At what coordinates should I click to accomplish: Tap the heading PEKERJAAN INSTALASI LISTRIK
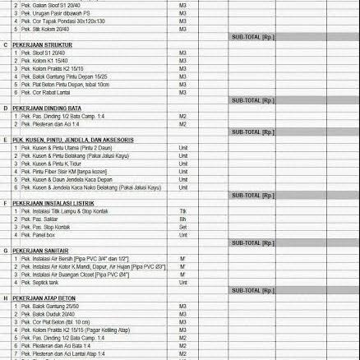point(50,203)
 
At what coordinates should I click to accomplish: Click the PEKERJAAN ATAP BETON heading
point(42,298)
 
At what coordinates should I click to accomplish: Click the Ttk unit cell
point(183,211)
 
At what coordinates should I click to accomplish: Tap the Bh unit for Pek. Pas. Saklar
point(183,219)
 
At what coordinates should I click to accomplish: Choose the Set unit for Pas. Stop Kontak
point(183,227)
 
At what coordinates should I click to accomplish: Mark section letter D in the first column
point(6,108)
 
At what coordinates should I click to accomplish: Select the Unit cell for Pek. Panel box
point(183,234)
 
